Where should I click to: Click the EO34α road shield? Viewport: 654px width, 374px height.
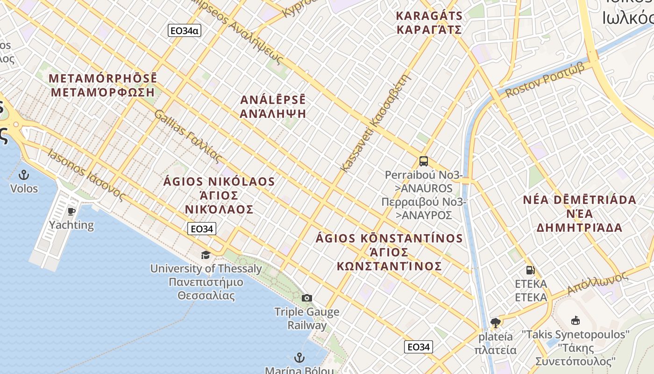pyautogui.click(x=184, y=31)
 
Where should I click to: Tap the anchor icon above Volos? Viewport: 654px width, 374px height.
pyautogui.click(x=23, y=175)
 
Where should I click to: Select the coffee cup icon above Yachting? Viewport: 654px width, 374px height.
pyautogui.click(x=71, y=211)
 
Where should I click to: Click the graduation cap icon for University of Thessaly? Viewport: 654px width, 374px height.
pyautogui.click(x=206, y=255)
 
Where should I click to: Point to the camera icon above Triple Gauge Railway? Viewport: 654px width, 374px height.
pyautogui.click(x=306, y=298)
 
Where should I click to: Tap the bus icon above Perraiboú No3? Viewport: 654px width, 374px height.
pyautogui.click(x=424, y=161)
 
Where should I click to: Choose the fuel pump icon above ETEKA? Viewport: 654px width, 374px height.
pyautogui.click(x=530, y=270)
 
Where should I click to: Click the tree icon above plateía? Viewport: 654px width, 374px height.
pyautogui.click(x=496, y=322)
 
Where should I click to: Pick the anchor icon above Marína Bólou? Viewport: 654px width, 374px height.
pyautogui.click(x=299, y=358)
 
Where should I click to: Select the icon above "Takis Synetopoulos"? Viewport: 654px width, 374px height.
pyautogui.click(x=576, y=320)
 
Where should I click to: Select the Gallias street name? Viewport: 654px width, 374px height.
pyautogui.click(x=186, y=136)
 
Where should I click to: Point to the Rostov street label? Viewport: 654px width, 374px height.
pyautogui.click(x=545, y=80)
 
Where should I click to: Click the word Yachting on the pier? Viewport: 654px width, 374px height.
pyautogui.click(x=71, y=225)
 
